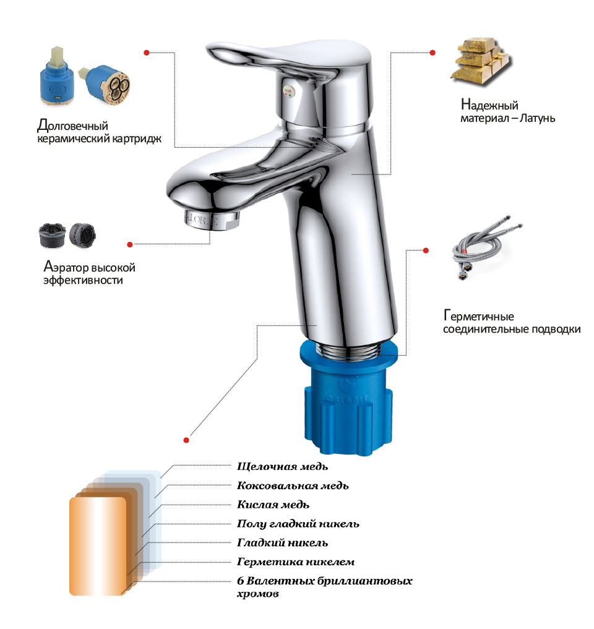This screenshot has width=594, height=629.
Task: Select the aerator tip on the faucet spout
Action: point(212,220)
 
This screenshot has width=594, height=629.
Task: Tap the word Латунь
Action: point(538,118)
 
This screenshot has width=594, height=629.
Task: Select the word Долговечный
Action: point(72,126)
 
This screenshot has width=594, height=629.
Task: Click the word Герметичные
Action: point(478,316)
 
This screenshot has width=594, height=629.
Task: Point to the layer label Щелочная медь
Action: point(282,466)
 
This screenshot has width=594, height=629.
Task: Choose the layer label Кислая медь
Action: point(273,505)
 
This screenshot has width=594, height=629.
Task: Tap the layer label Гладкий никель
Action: point(282,543)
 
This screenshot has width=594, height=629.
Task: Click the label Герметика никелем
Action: point(295,562)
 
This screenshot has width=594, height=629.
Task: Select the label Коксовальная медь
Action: point(293,486)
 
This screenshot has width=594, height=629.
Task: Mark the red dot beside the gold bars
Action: point(433,53)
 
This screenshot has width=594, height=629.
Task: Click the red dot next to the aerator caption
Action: point(130,244)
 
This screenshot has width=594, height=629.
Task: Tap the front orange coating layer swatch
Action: point(98,546)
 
